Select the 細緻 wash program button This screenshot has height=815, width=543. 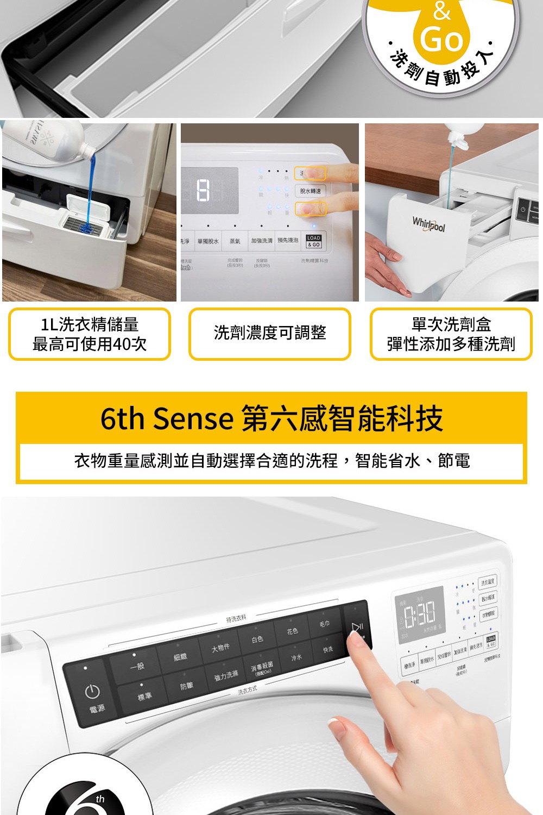180,657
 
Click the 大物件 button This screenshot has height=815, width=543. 220,647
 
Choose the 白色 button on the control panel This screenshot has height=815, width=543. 257,639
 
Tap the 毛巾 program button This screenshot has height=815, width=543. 324,624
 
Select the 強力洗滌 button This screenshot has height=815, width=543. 226,675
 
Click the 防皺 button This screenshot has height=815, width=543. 186,686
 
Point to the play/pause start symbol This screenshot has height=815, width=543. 357,628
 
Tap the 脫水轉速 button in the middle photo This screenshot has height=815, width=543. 310,191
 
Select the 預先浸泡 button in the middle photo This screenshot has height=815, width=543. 288,240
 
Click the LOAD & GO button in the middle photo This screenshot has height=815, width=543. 314,241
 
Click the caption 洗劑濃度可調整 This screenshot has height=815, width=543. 270,333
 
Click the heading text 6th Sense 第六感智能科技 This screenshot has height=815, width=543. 271,418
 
